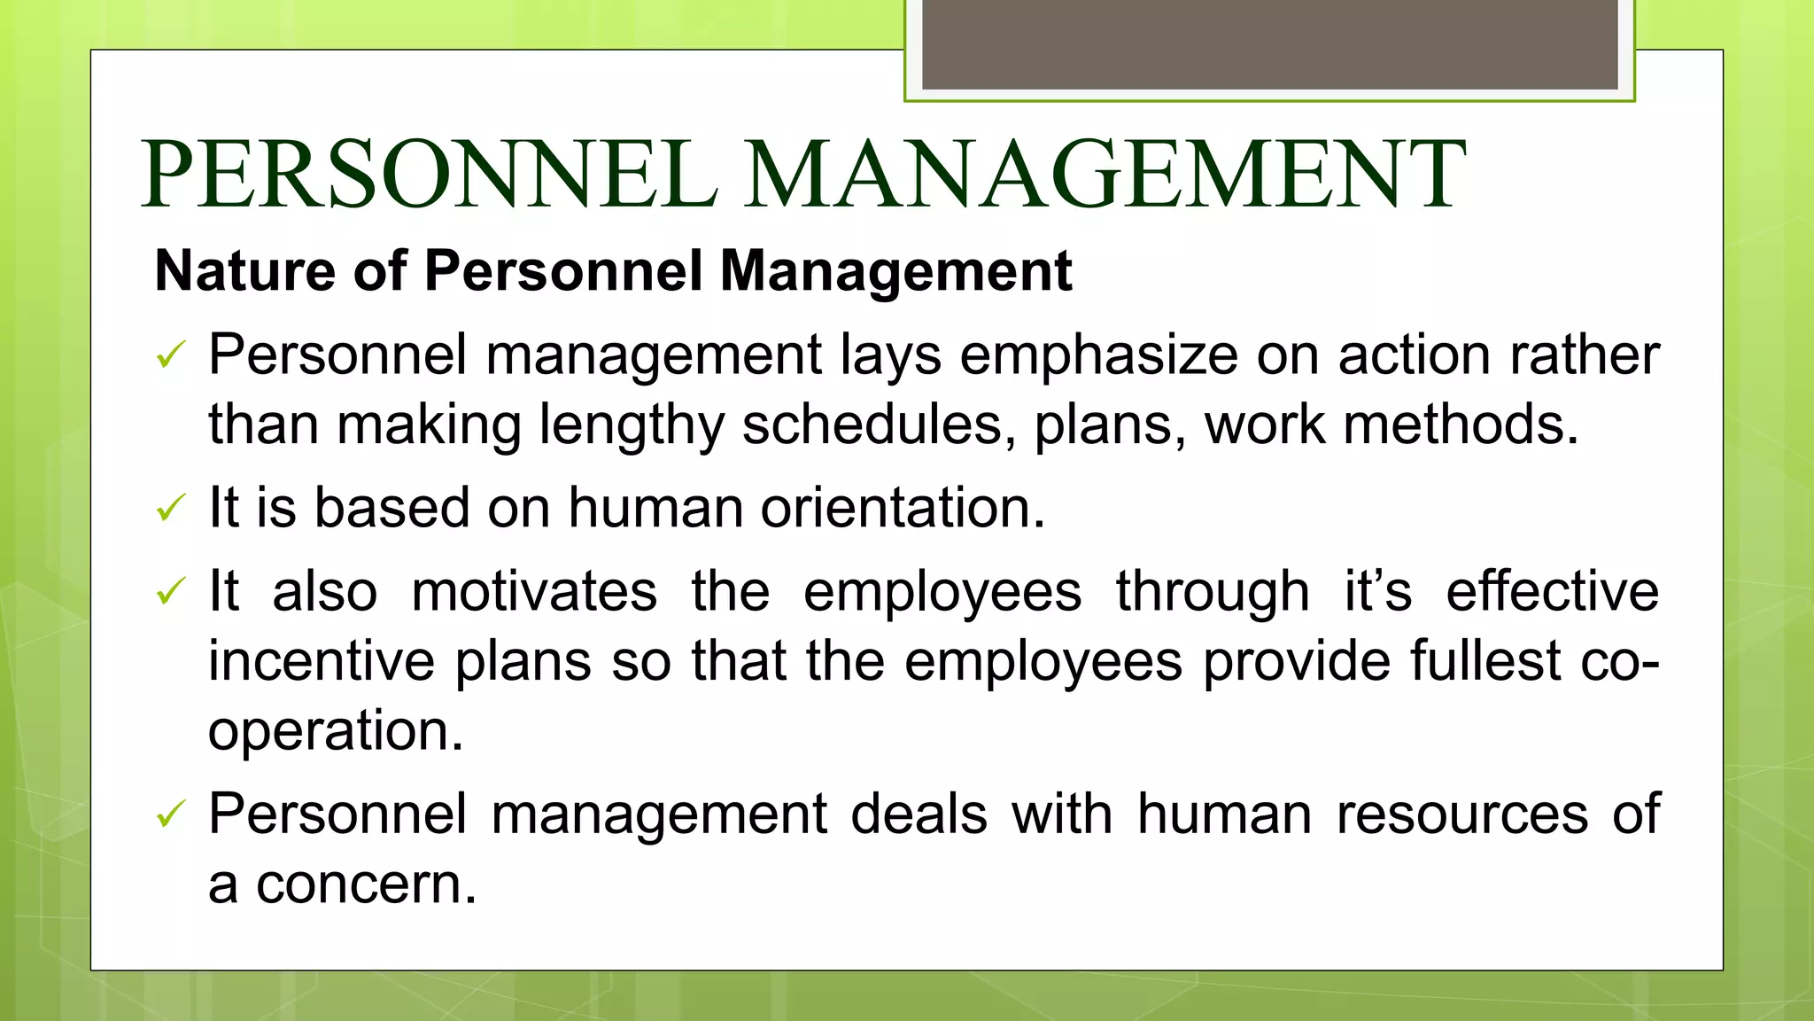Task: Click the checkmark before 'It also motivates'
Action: (x=170, y=591)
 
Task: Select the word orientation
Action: (x=903, y=508)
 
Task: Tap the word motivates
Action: (x=534, y=591)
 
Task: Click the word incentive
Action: (x=322, y=661)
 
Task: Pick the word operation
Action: (x=335, y=732)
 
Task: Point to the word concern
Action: (x=366, y=885)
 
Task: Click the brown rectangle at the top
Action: (x=1269, y=44)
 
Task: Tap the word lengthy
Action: (x=632, y=425)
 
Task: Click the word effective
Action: (x=1552, y=591)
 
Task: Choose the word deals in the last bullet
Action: (x=919, y=814)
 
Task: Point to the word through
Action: (x=1212, y=593)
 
